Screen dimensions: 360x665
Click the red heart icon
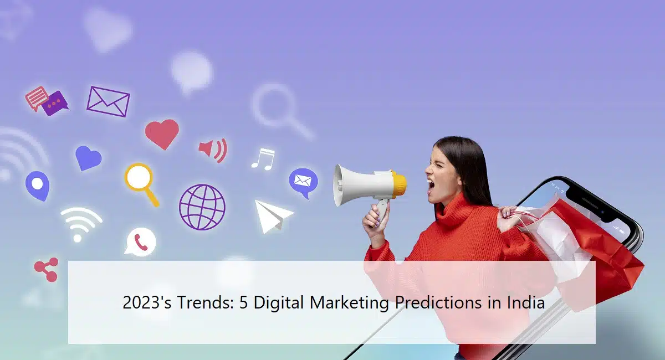(x=162, y=133)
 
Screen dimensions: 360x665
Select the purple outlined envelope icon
(x=108, y=101)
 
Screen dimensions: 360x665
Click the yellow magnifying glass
(x=139, y=179)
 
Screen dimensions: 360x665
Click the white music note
(x=263, y=158)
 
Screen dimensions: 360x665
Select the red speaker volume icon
(x=213, y=150)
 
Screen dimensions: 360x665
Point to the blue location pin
(x=37, y=185)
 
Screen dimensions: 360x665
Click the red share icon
(x=46, y=270)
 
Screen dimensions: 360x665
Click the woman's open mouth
(x=431, y=186)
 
